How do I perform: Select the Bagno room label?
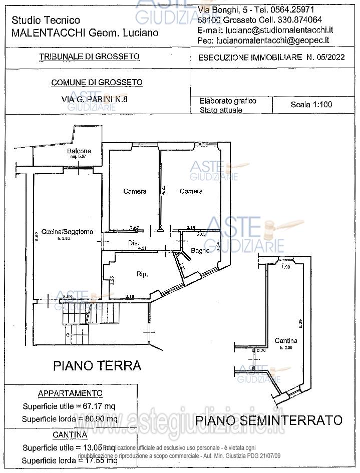(200, 251)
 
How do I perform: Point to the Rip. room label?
(141, 274)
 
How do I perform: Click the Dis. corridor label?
(133, 243)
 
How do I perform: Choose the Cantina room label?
(286, 341)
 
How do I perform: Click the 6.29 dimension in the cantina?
(300, 324)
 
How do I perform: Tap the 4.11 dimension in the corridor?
(142, 248)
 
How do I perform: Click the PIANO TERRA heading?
(97, 365)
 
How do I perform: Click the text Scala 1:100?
(311, 105)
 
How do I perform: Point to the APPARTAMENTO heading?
(70, 393)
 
